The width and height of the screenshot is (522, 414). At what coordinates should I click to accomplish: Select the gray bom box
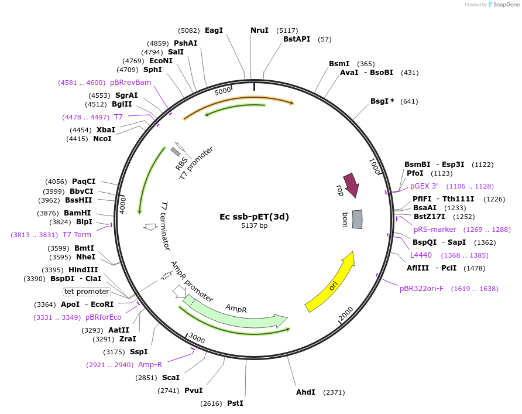tap(357, 220)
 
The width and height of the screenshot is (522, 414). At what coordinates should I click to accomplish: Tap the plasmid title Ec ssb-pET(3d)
tap(254, 216)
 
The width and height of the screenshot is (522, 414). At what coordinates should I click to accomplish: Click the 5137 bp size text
tap(254, 225)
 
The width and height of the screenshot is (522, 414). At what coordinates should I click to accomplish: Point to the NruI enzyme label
tap(259, 30)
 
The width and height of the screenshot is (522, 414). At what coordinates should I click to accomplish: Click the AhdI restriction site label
tap(305, 392)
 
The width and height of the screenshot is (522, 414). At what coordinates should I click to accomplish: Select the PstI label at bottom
tap(235, 403)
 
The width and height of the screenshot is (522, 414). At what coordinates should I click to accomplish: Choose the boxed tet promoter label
tap(87, 291)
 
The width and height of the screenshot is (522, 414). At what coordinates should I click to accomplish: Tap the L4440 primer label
tap(421, 255)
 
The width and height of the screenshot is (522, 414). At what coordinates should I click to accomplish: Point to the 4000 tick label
tap(123, 204)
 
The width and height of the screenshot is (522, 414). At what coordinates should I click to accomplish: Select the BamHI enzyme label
tap(77, 213)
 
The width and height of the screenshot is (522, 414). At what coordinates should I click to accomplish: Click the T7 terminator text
tap(166, 226)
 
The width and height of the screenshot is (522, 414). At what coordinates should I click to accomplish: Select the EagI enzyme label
tap(214, 30)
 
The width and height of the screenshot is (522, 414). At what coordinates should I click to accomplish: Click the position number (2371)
tap(335, 392)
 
